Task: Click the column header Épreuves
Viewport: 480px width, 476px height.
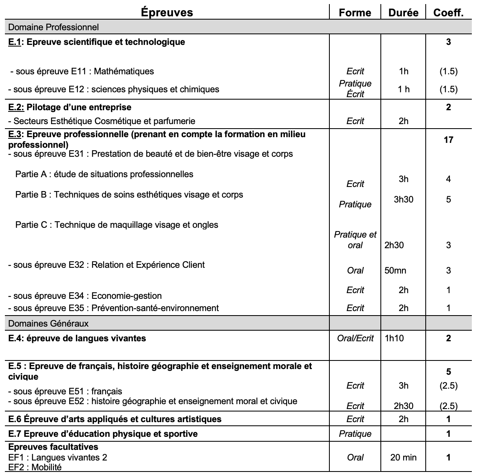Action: (x=167, y=12)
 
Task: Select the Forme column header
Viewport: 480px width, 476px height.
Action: (x=355, y=13)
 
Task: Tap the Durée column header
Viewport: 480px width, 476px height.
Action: (x=403, y=13)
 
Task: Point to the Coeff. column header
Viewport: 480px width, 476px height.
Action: (x=448, y=13)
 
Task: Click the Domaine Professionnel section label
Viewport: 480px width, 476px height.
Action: (x=53, y=27)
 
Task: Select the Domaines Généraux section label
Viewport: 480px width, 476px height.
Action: (x=48, y=324)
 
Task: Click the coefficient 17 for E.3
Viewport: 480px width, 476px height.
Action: (x=448, y=140)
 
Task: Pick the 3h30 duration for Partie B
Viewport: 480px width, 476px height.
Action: (x=403, y=200)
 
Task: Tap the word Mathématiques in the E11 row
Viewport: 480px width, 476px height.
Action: (x=124, y=71)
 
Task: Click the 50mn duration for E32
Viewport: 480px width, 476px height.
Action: (x=395, y=270)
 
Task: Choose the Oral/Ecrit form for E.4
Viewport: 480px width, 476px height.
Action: (x=355, y=338)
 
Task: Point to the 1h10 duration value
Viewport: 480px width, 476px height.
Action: (x=394, y=338)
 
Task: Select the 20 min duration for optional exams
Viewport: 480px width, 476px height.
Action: (x=403, y=458)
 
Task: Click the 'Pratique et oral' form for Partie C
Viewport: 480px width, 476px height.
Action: (x=355, y=240)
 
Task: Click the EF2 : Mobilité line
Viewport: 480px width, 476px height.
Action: (x=35, y=467)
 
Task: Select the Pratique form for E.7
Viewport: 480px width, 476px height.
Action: (x=355, y=434)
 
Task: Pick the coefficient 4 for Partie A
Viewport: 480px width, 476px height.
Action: (x=448, y=179)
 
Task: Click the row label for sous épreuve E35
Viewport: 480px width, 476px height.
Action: (x=113, y=308)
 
